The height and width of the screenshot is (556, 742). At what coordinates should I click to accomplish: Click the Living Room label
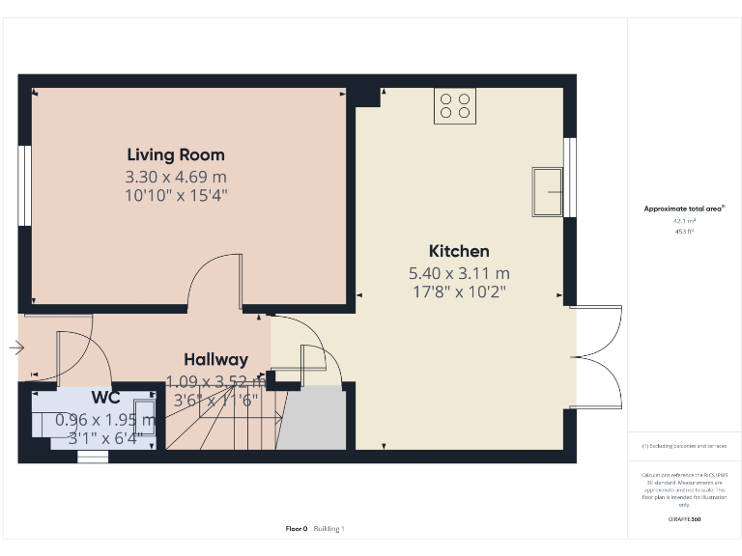click(176, 154)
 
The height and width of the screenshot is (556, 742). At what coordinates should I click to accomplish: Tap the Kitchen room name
click(459, 251)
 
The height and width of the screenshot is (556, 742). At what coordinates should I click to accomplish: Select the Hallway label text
click(216, 359)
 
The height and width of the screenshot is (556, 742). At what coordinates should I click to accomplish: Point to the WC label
click(105, 398)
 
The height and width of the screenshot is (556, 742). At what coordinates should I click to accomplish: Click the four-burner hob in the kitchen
click(454, 106)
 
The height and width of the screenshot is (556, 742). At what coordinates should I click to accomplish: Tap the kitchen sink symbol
click(547, 192)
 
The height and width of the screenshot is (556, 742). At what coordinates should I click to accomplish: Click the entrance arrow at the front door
click(17, 347)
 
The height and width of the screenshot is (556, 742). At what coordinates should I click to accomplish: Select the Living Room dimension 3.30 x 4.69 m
click(176, 178)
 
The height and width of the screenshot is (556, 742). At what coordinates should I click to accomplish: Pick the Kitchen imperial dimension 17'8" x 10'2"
click(459, 291)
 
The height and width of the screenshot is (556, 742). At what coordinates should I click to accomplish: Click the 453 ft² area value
click(684, 232)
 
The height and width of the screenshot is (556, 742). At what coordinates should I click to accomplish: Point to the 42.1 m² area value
click(684, 221)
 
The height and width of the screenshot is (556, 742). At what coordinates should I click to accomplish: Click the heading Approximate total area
click(683, 208)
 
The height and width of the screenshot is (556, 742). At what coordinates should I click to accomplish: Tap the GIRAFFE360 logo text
click(684, 519)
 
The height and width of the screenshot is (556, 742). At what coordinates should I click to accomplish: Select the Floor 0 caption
click(297, 528)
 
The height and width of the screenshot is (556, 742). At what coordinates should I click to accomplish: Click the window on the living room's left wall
click(25, 185)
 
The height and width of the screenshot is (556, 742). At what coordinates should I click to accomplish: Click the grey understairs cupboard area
click(312, 419)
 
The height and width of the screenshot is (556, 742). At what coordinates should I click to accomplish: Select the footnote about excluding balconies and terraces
click(684, 446)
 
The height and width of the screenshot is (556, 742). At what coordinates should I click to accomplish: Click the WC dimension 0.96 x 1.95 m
click(105, 420)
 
